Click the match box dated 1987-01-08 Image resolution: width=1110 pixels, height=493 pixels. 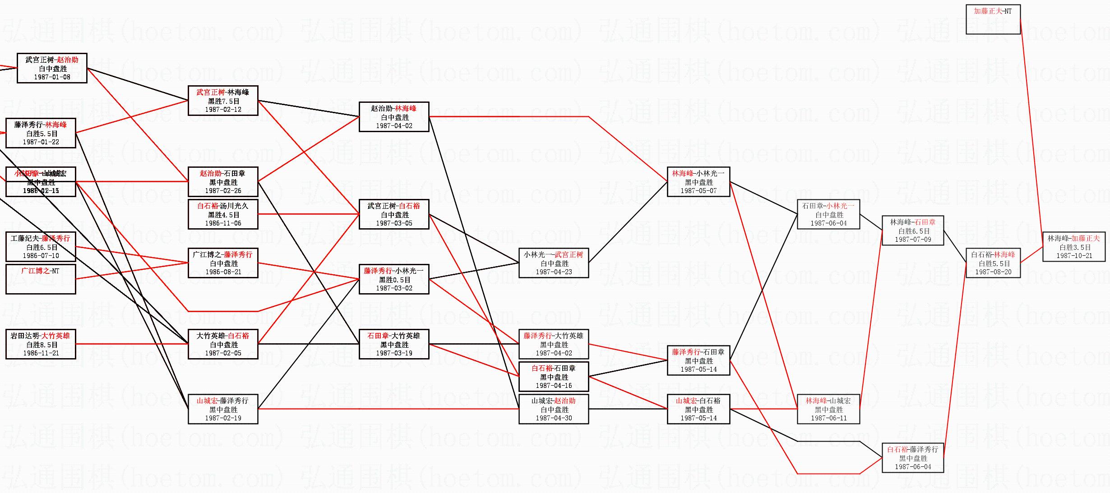coord(52,68)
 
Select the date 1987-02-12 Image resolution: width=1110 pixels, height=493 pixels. coord(223,110)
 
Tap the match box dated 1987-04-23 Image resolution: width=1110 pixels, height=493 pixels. coord(554,263)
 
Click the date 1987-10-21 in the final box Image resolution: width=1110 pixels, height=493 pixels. coord(1074,256)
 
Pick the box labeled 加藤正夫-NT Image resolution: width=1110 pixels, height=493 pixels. coord(993,19)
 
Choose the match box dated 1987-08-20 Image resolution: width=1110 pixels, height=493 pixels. coord(993,263)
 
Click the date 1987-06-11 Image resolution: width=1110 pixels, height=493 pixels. coord(828,418)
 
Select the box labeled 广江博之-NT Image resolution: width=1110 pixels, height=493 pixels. coord(41,279)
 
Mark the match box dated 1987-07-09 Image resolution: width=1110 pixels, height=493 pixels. coord(912,230)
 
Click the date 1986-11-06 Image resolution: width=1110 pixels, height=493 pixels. coord(223,223)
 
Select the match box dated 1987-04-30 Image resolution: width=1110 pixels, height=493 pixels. coord(554,409)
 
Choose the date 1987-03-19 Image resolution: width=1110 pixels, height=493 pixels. coord(394,353)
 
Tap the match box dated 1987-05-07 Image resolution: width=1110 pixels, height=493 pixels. coord(698,182)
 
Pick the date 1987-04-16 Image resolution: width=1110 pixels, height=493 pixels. coord(554,386)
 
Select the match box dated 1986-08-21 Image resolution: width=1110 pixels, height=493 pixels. coord(223,263)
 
